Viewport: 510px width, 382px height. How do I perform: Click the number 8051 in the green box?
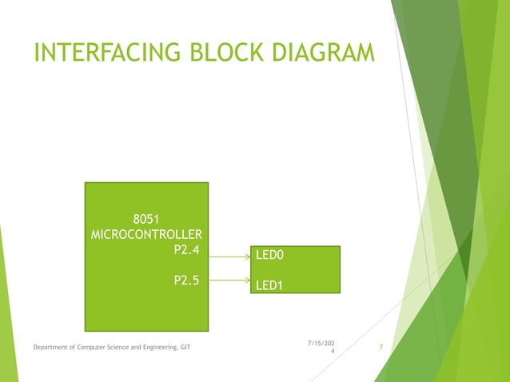tap(146, 219)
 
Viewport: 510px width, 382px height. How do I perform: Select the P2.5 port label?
tap(185, 280)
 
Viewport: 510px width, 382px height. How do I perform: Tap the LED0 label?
tap(270, 256)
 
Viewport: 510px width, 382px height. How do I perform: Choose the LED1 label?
tap(269, 285)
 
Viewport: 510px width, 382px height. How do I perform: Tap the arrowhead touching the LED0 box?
tap(248, 257)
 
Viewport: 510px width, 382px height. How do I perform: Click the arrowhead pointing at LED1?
tap(248, 281)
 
